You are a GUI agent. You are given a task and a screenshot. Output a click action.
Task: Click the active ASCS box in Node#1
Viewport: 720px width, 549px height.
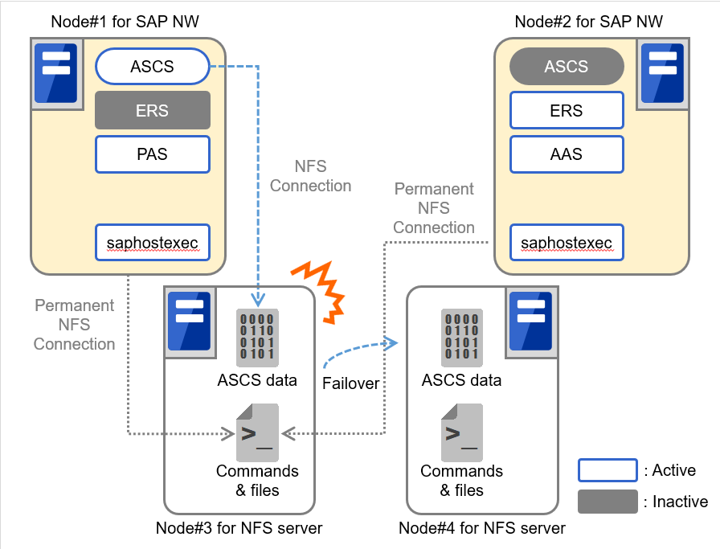(152, 67)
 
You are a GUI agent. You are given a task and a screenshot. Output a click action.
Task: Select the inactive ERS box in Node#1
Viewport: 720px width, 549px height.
(152, 110)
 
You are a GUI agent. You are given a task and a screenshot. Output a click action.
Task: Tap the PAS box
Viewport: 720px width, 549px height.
(152, 154)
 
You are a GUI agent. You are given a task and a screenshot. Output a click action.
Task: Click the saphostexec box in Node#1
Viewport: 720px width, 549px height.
(152, 242)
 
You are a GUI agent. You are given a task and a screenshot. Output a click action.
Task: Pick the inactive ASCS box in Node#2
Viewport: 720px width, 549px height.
(567, 67)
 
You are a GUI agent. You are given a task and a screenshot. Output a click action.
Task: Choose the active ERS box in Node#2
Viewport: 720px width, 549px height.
(567, 110)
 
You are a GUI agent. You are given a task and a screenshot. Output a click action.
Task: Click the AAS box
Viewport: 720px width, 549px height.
(567, 154)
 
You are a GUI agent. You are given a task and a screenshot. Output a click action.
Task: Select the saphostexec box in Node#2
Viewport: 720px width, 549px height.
(567, 242)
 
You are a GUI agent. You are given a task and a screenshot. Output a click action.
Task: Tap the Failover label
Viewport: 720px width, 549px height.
(350, 383)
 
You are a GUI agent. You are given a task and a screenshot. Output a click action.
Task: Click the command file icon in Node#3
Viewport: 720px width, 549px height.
(257, 432)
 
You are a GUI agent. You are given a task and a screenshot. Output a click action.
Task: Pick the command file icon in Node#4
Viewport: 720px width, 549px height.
(461, 432)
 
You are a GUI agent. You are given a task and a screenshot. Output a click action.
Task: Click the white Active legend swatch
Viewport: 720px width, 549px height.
(607, 470)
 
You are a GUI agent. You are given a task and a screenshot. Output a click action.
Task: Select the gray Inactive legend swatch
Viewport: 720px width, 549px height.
(607, 502)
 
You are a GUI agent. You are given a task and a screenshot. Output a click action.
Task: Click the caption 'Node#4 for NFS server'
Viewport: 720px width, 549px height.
(482, 528)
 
